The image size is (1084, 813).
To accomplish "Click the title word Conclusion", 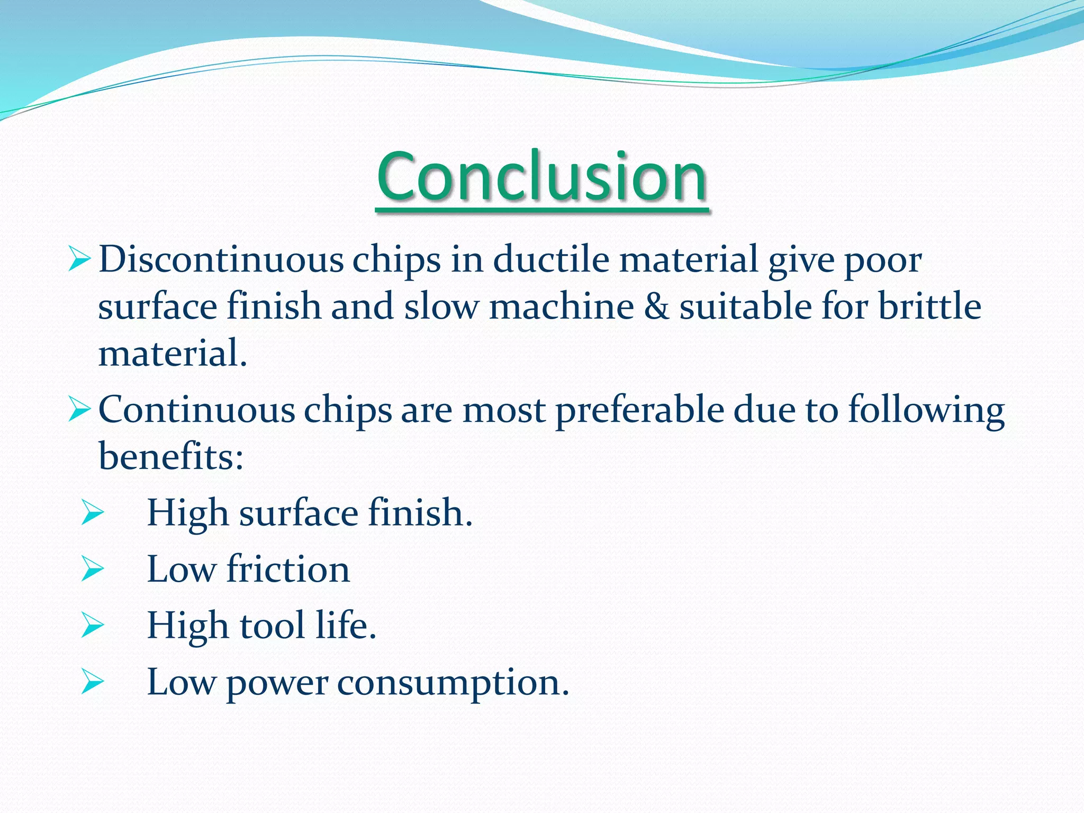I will point(542,177).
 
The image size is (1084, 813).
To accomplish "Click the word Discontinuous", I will point(221,260).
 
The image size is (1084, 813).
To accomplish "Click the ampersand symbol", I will point(656,307).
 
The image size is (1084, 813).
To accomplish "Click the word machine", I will point(561,307).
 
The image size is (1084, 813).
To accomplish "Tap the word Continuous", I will point(196,411).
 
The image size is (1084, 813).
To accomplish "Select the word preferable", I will point(639,411).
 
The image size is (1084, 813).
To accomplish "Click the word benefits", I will point(170,456).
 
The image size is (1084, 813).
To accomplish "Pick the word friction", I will point(288,570).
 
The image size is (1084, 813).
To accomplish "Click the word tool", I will point(273,626).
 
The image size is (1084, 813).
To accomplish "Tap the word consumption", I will point(453,683).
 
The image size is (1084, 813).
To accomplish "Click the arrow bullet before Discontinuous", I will point(80,260).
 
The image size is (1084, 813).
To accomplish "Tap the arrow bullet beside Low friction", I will point(93,570).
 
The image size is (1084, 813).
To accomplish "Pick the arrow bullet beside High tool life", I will point(93,626).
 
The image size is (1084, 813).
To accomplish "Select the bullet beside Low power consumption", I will point(93,682).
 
